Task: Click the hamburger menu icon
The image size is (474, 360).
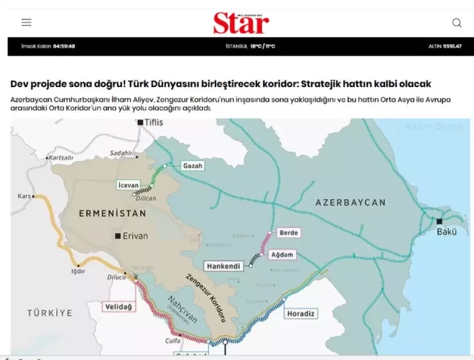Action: click(26, 23)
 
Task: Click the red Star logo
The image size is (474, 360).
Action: click(241, 23)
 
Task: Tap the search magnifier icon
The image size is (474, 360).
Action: click(457, 23)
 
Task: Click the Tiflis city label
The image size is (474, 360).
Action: click(154, 122)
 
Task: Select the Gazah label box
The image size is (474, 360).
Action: click(192, 166)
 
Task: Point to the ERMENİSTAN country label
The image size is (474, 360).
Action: click(107, 212)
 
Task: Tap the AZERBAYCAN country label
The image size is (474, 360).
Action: click(351, 202)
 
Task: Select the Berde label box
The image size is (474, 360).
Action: click(289, 232)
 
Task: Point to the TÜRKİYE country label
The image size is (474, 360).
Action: click(50, 312)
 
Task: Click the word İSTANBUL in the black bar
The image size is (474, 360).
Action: click(236, 46)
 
